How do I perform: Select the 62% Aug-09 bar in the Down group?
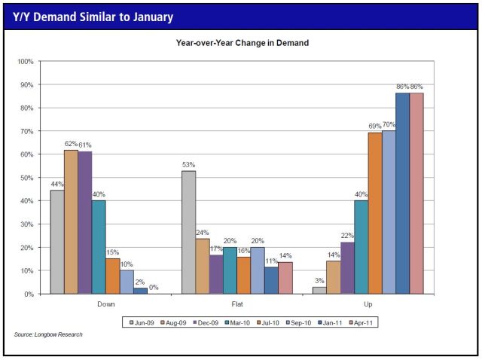(71, 221)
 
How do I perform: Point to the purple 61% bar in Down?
(84, 222)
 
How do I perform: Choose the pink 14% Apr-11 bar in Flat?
(285, 277)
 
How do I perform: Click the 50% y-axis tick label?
(26, 178)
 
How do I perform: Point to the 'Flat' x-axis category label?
(238, 305)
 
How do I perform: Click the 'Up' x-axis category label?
(368, 305)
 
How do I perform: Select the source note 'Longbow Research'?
(48, 334)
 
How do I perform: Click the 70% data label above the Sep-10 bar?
(389, 124)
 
